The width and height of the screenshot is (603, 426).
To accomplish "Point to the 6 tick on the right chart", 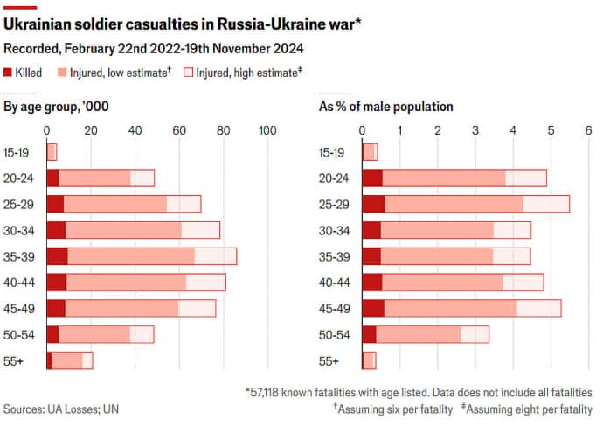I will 588,130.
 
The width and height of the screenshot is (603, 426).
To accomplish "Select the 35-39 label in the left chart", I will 19,256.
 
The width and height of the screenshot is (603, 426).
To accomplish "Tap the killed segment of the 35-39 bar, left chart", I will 57,256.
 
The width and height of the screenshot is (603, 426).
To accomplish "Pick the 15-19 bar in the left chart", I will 51,152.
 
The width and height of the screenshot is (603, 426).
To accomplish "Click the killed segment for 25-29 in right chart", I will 373,204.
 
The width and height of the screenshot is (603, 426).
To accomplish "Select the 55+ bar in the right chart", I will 370,360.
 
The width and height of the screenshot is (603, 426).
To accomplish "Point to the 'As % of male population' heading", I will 385,107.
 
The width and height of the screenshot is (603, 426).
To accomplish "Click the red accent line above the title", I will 20,7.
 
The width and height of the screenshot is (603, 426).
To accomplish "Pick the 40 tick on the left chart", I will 135,130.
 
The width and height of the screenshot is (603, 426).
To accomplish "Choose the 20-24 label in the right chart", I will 335,178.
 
